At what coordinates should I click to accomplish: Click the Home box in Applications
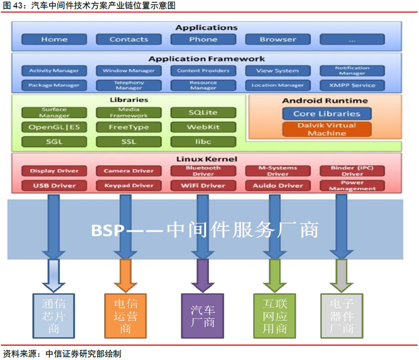click(54, 39)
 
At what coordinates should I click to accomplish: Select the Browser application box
click(278, 39)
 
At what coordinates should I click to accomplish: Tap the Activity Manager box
click(54, 71)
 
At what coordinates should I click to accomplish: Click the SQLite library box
click(203, 112)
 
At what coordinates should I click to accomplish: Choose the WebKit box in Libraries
click(203, 127)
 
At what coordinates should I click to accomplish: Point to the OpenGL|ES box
click(54, 127)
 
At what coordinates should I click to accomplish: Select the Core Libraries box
click(327, 114)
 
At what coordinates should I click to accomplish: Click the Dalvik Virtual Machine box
click(327, 129)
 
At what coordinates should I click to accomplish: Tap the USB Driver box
click(54, 185)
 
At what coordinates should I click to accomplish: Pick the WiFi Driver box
click(203, 185)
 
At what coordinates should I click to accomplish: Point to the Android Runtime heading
click(325, 100)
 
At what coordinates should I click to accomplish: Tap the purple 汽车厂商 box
click(202, 315)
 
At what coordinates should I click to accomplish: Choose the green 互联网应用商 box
click(274, 315)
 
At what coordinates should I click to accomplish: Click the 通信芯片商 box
click(54, 315)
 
